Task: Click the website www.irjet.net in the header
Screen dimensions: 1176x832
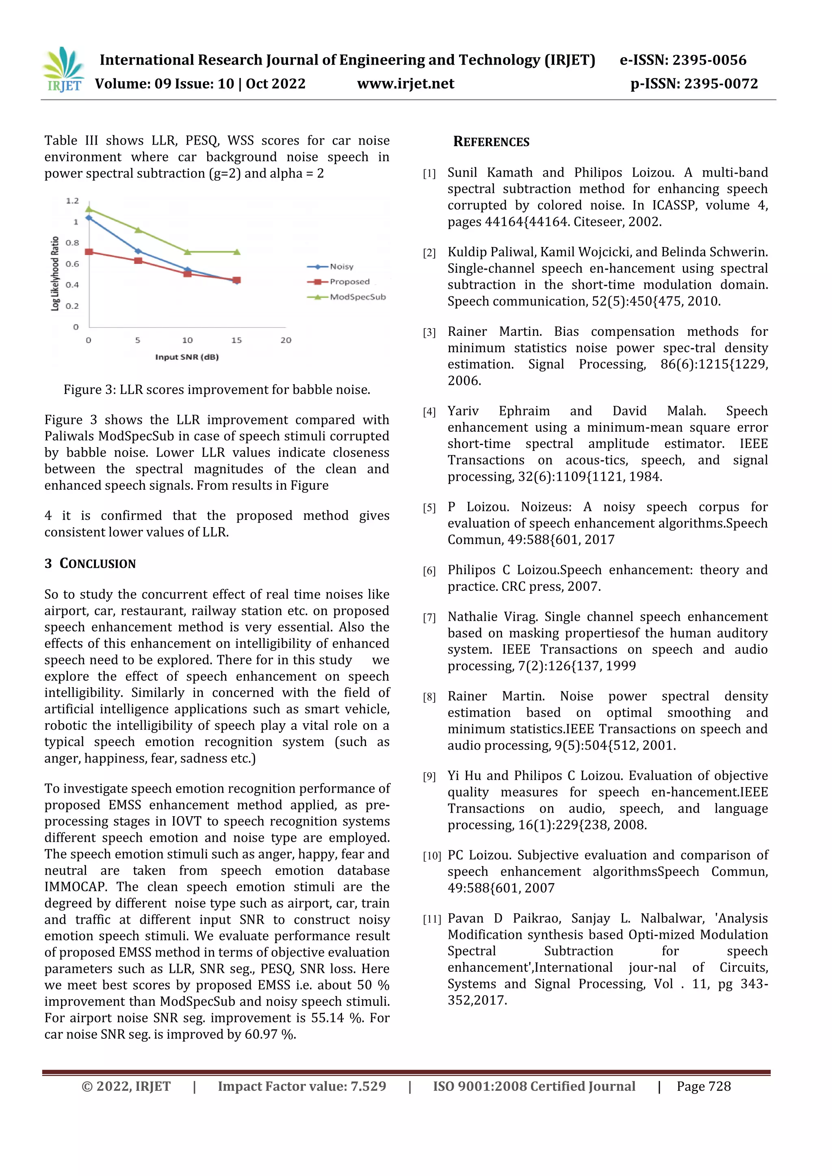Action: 405,84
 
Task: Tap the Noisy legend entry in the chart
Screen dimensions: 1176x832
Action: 341,266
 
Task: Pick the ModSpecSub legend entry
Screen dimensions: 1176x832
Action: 357,297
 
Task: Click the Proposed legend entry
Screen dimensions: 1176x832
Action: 349,282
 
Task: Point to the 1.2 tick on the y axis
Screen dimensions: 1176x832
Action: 72,201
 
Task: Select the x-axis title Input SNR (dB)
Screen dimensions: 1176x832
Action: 187,357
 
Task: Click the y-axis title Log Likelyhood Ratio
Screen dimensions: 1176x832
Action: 55,274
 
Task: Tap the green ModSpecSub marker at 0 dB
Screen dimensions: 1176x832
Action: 89,208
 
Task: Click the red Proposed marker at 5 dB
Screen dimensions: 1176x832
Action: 138,261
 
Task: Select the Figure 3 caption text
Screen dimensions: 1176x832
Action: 217,390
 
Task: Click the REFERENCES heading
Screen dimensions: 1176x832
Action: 491,142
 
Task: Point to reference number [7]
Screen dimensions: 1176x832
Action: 429,618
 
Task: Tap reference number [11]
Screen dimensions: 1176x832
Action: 431,919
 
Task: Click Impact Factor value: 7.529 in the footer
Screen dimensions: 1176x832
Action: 302,1086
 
